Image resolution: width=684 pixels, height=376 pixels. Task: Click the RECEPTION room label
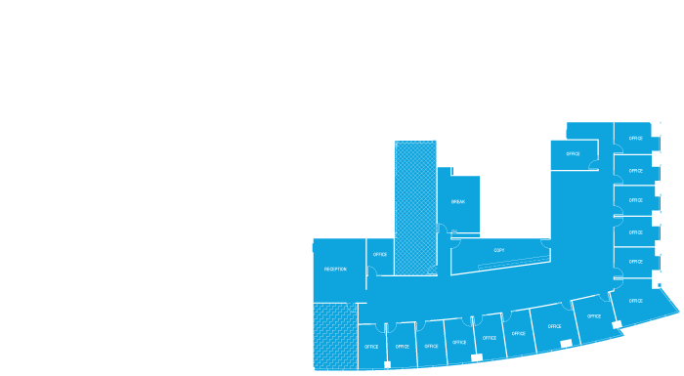pos(335,268)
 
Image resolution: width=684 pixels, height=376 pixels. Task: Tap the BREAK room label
pos(457,202)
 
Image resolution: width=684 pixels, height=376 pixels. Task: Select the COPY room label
pos(498,250)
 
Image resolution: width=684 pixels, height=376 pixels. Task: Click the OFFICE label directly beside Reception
pos(380,255)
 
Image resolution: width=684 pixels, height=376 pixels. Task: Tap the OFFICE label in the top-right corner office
pos(636,138)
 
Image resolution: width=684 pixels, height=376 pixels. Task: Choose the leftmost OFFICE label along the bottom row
pos(371,347)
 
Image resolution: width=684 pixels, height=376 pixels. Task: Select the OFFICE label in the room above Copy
pos(573,153)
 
